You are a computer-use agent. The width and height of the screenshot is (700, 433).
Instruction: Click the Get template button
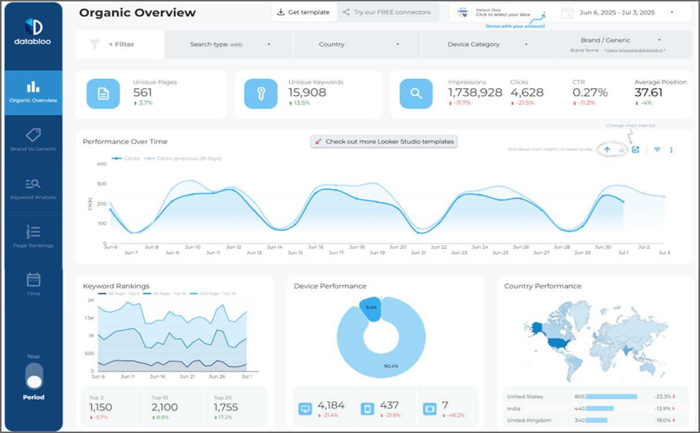(303, 12)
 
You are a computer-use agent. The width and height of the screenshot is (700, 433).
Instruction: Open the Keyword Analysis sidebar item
(34, 189)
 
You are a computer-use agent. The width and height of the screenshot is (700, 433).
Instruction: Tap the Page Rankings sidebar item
(34, 237)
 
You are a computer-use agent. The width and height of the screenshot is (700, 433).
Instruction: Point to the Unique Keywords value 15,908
(307, 93)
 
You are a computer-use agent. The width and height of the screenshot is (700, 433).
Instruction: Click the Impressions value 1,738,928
(475, 93)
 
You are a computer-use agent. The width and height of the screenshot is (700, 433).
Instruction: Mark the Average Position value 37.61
(648, 93)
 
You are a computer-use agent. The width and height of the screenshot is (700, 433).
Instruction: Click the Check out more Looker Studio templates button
(384, 142)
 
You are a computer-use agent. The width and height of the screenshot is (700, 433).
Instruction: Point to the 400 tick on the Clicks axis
(101, 164)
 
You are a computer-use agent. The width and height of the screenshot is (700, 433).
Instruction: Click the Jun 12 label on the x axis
(233, 247)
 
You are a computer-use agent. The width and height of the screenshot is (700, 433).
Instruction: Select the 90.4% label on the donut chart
(391, 366)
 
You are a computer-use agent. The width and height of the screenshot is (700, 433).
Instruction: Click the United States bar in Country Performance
(611, 397)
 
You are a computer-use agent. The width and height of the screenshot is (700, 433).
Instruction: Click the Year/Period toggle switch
(34, 376)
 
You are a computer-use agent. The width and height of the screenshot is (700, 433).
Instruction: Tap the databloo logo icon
(33, 27)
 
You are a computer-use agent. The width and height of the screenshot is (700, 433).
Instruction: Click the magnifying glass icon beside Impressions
(416, 93)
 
